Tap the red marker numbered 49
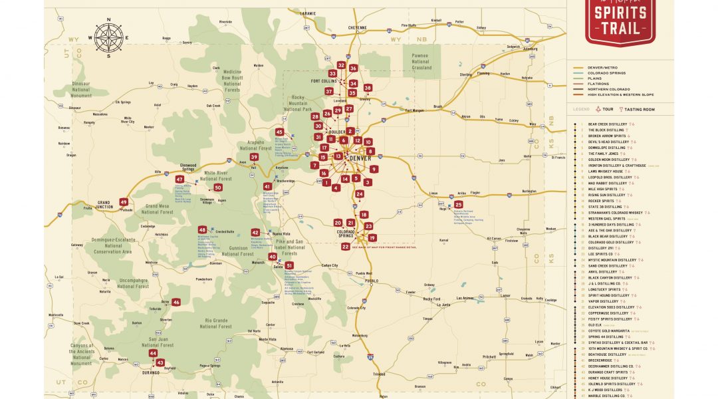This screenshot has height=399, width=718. pyautogui.click(x=124, y=202)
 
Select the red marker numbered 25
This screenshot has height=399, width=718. pyautogui.click(x=458, y=205)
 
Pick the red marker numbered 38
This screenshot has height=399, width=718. pyautogui.click(x=368, y=88)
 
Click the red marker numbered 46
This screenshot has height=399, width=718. pyautogui.click(x=176, y=302)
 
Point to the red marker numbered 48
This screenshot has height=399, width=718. pyautogui.click(x=202, y=229)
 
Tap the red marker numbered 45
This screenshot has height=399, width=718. pyautogui.click(x=279, y=132)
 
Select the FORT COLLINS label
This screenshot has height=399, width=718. pyautogui.click(x=324, y=81)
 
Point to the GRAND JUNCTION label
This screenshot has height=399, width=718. pyautogui.click(x=104, y=203)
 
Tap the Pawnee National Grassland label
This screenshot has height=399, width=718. pyautogui.click(x=420, y=62)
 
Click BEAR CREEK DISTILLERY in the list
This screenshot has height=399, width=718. pyautogui.click(x=608, y=124)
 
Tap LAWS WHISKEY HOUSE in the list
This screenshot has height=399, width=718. pyautogui.click(x=605, y=172)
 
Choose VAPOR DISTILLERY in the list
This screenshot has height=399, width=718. pyautogui.click(x=603, y=301)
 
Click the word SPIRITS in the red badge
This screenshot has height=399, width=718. pyautogui.click(x=621, y=13)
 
